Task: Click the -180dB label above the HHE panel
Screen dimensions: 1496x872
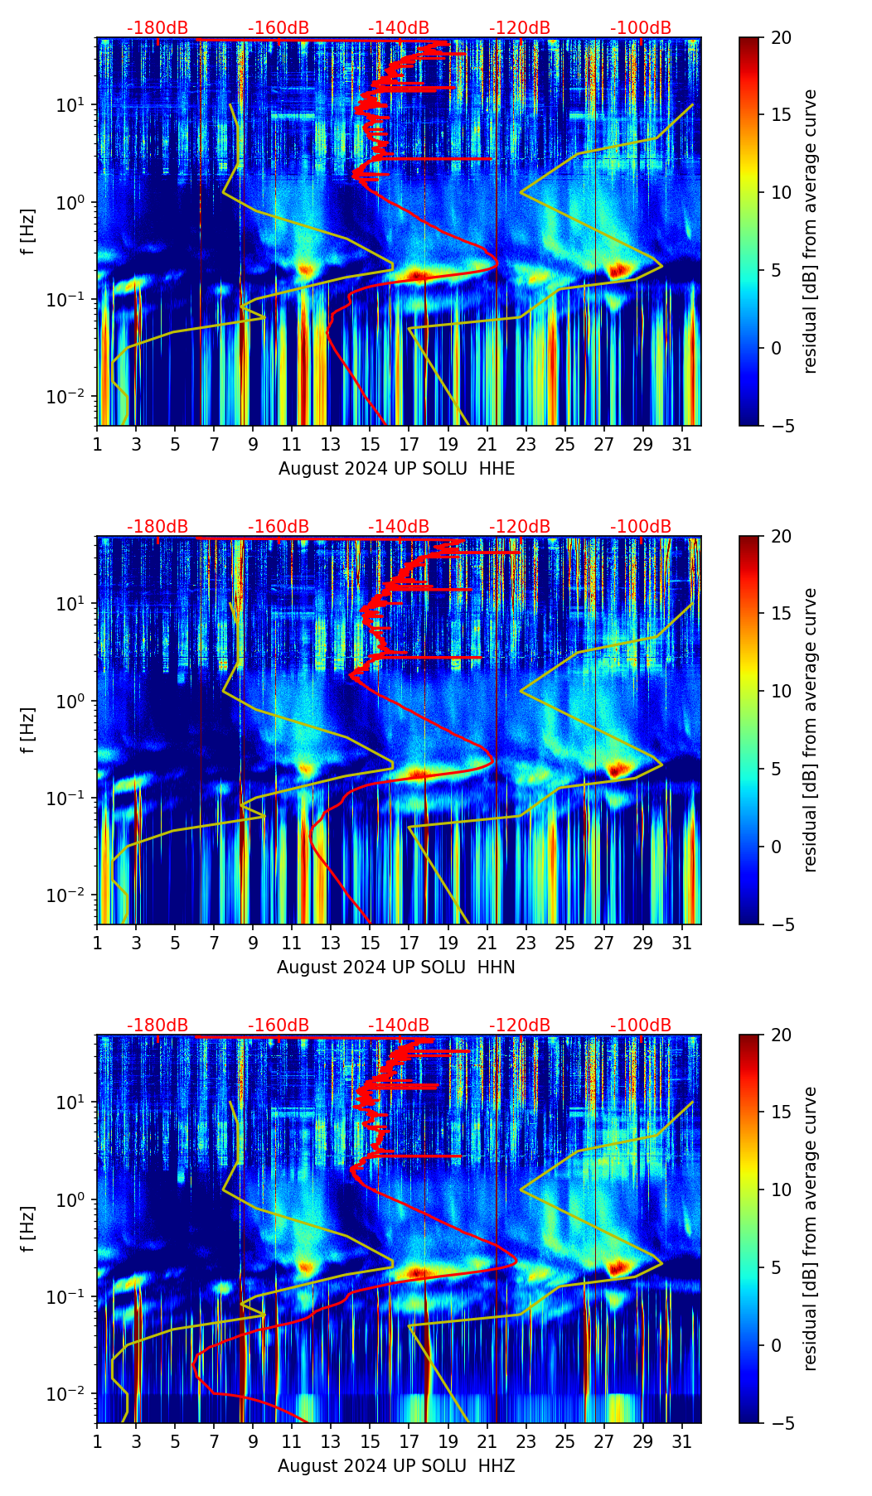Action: tap(157, 28)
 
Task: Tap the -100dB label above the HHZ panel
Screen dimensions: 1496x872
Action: tap(641, 1025)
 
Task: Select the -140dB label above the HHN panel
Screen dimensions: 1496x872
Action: tap(399, 527)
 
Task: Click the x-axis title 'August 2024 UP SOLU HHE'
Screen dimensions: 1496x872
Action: tap(396, 469)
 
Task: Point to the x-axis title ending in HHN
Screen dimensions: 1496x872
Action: tap(396, 968)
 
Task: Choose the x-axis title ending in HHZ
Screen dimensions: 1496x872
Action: tap(396, 1466)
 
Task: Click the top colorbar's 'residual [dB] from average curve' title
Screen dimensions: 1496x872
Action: tap(811, 232)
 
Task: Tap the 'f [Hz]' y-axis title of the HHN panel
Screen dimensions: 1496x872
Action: tap(28, 731)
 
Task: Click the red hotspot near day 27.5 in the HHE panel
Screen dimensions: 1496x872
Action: tap(618, 270)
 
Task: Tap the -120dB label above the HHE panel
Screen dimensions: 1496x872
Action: tap(520, 28)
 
